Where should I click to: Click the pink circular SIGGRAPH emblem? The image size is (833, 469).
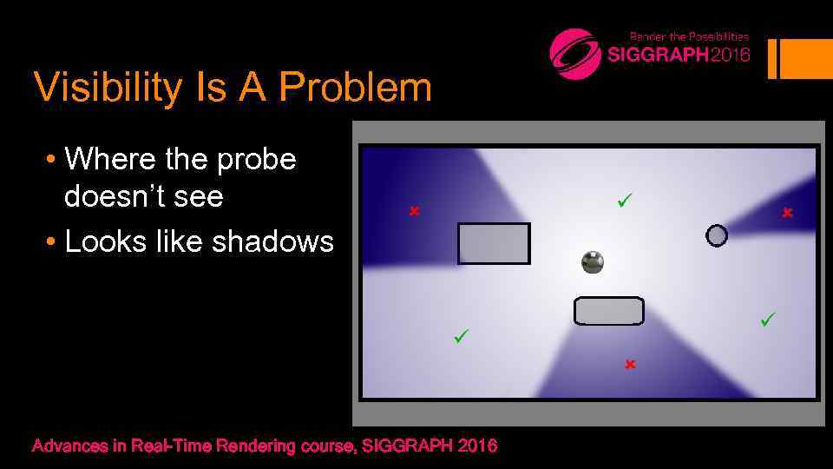coord(575,54)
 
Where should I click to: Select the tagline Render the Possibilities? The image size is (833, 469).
coord(689,36)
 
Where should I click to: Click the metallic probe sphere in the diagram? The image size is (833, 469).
coord(593,261)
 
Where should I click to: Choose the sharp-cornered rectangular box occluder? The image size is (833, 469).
coord(494,243)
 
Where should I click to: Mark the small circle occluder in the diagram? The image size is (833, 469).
coord(717,235)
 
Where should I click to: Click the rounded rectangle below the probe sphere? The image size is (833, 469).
coord(609,311)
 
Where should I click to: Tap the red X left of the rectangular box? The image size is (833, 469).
coord(415,211)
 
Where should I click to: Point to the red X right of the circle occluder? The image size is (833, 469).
coord(787,213)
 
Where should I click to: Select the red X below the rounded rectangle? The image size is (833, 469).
coord(630,364)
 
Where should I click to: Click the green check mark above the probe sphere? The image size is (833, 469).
coord(623,201)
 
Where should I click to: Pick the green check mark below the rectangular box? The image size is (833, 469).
coord(461,334)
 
